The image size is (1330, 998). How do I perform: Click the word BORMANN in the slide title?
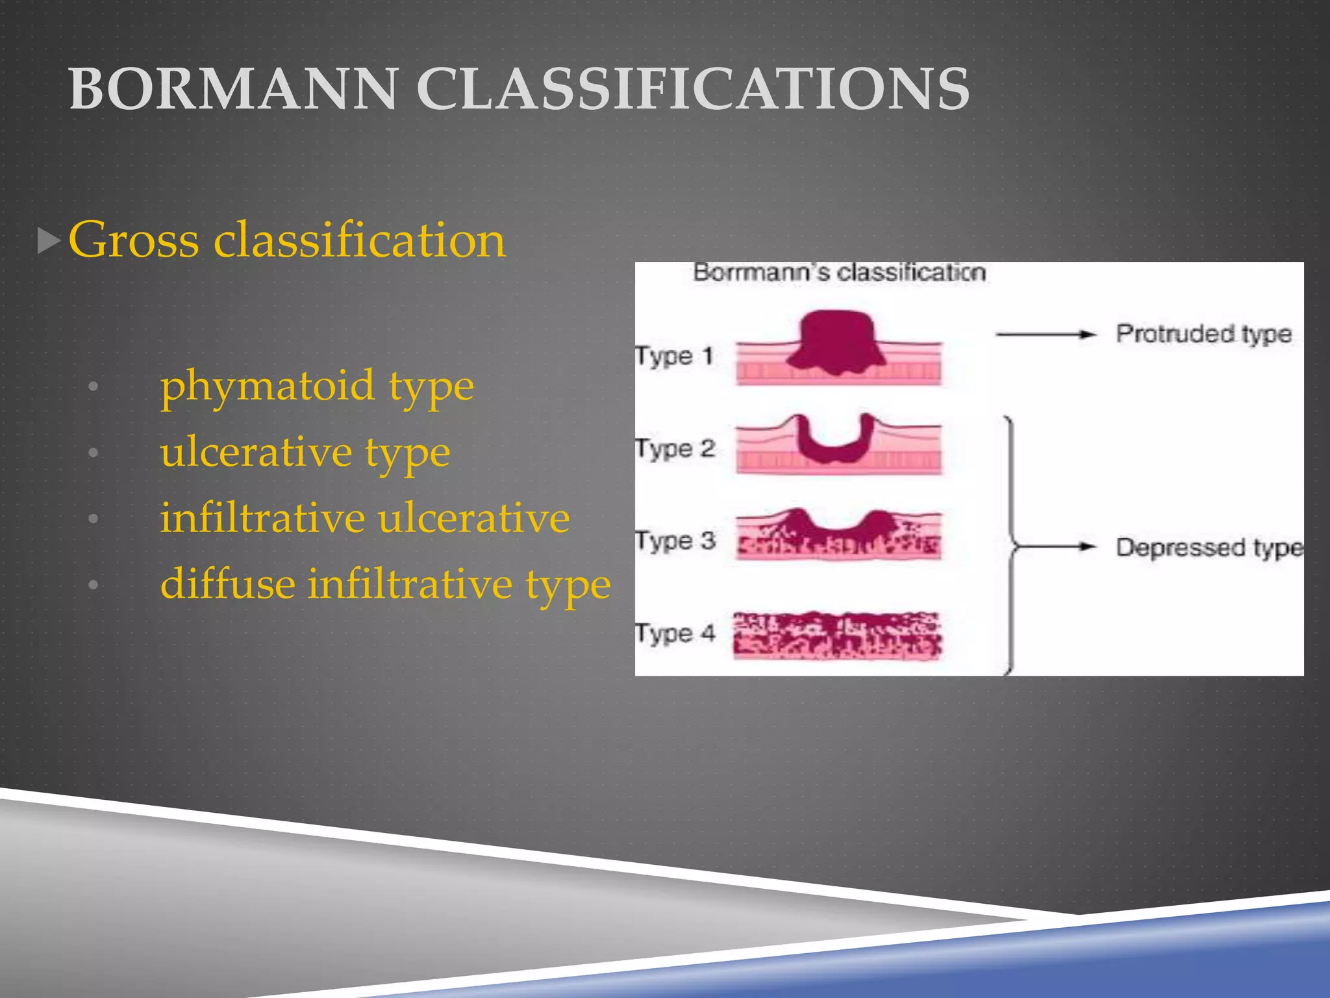tap(232, 89)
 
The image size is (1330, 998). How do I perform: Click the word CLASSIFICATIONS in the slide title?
tap(692, 89)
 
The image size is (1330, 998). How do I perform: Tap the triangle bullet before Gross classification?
tap(49, 241)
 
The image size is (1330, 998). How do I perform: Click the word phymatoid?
tap(267, 386)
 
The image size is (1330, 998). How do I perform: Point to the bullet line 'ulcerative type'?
tap(305, 452)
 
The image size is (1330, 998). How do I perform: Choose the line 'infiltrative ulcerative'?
tap(364, 518)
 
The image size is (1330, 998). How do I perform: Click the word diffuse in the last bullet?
tap(227, 583)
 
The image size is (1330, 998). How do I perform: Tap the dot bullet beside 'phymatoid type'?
tap(94, 387)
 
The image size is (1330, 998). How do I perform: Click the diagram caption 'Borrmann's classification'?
tap(839, 272)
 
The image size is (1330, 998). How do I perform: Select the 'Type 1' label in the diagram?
tap(674, 355)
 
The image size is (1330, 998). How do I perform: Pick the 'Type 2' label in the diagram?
tap(675, 448)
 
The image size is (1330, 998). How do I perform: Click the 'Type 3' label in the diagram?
tap(675, 540)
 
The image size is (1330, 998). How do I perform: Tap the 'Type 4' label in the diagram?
tap(675, 632)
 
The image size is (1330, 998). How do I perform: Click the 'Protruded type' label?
tap(1203, 333)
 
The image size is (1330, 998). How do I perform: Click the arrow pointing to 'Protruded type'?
tap(1046, 335)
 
